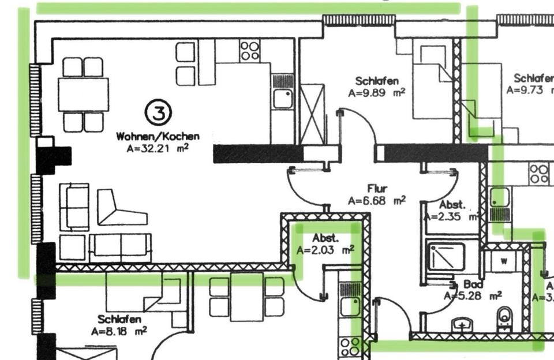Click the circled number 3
point(158,112)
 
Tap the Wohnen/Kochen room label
point(158,137)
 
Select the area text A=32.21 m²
point(158,148)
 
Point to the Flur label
point(377,189)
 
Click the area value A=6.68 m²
point(376,200)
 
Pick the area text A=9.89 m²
point(376,92)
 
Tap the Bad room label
point(470,285)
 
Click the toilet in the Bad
point(504,318)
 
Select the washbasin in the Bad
point(462,324)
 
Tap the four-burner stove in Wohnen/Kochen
point(250,50)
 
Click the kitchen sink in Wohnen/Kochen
point(283,99)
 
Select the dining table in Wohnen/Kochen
point(83,94)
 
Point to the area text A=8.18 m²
point(119,331)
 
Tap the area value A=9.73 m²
point(530,90)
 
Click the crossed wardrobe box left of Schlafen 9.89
point(313,114)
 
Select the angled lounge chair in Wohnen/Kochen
point(118,209)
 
